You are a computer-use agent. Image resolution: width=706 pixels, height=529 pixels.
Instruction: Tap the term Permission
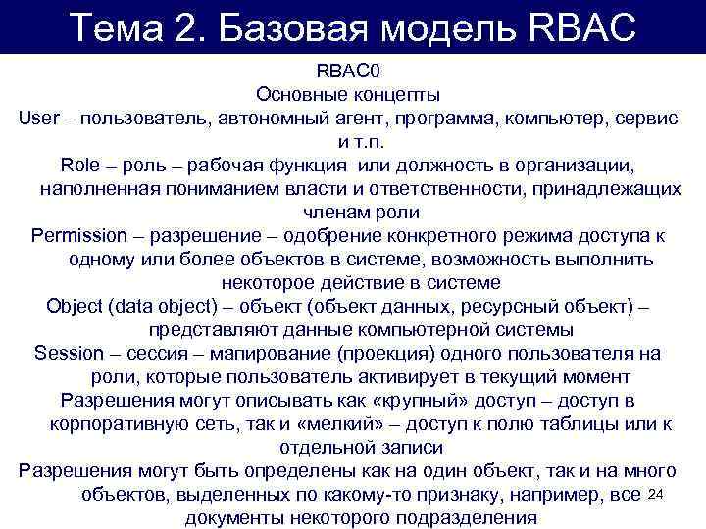pos(79,236)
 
